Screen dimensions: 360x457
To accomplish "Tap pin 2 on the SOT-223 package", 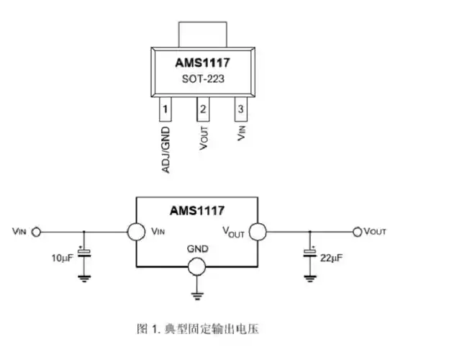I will [x=204, y=110].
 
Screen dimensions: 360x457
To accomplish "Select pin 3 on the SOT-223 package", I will [x=241, y=110].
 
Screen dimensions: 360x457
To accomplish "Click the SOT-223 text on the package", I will [x=203, y=79].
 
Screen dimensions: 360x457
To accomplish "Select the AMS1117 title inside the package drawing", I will [x=203, y=63].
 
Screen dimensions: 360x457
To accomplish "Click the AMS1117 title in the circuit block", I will [x=196, y=211].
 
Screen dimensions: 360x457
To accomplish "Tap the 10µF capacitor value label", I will [x=61, y=257].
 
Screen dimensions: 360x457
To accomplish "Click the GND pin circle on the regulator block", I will [x=196, y=267].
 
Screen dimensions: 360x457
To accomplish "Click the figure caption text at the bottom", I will [x=196, y=329].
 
